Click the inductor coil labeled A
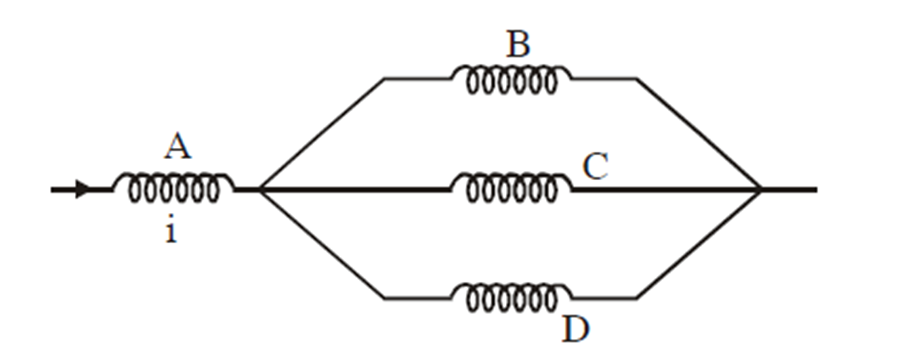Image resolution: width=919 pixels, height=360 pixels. [172, 187]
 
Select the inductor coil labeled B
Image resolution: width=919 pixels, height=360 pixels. [511, 79]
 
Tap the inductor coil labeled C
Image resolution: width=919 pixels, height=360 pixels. [511, 187]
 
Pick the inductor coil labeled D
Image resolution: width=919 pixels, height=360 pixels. [511, 297]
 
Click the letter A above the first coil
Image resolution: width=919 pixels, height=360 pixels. [177, 148]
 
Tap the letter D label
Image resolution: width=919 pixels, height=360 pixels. [575, 329]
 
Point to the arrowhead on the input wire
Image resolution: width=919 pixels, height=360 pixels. [83, 188]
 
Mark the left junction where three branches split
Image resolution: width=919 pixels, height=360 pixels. [261, 188]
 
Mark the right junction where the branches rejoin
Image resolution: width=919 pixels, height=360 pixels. [760, 188]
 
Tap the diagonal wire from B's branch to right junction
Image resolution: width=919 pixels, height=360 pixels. [698, 133]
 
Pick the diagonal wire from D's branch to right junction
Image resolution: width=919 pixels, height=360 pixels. [698, 243]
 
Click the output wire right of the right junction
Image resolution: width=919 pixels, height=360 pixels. [790, 188]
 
